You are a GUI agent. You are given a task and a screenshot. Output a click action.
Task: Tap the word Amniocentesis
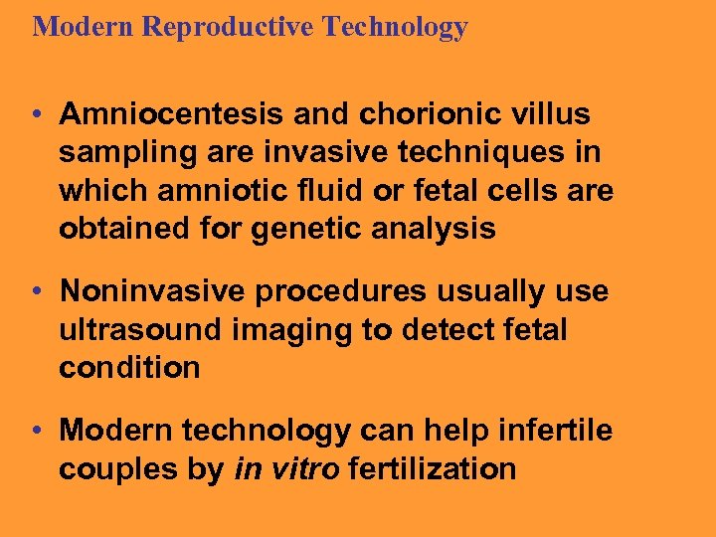tap(171, 114)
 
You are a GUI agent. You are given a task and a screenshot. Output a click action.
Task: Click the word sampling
tap(117, 153)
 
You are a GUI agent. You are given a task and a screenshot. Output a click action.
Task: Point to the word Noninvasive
tap(153, 291)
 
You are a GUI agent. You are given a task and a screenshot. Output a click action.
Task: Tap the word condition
tap(129, 368)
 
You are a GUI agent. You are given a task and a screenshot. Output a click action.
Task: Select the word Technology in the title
tap(395, 27)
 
